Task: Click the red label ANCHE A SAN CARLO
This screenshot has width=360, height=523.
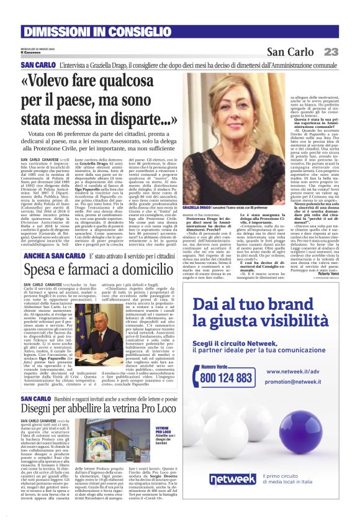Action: point(47,255)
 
